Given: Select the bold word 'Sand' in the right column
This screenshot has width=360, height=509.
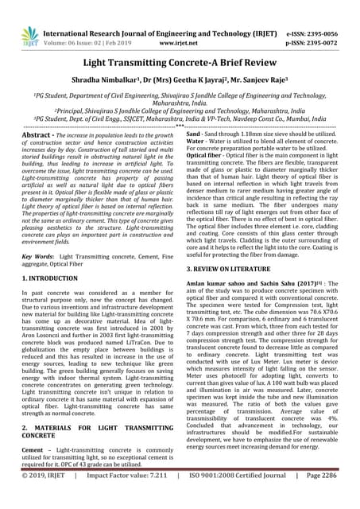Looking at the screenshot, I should tap(195, 137).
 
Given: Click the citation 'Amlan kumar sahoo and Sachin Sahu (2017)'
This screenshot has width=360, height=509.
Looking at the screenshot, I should tap(254, 308).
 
